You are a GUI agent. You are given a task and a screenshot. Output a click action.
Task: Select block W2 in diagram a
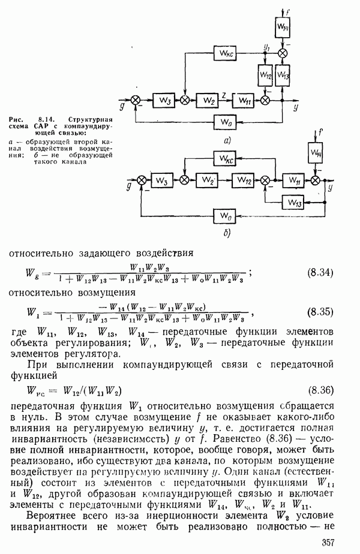pyautogui.click(x=208, y=100)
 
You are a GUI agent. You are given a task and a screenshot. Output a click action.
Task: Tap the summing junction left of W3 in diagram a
pyautogui.click(x=137, y=100)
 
